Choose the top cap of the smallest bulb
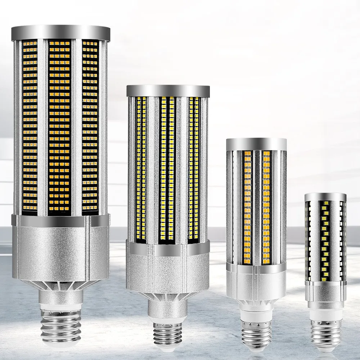(x=325, y=197)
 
